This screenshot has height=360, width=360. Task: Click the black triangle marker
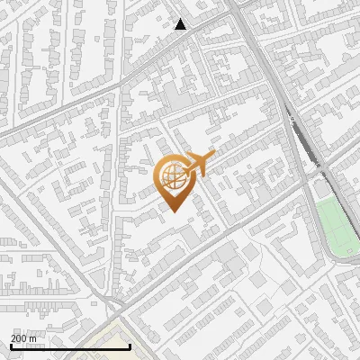(181, 24)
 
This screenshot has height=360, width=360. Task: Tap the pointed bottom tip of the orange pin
(172, 211)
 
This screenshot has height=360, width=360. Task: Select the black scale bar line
(70, 346)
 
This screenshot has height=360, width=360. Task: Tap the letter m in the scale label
(34, 338)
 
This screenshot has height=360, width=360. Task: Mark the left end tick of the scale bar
(11, 346)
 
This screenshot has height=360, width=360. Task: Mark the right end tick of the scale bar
(130, 346)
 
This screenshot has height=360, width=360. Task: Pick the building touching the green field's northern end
(320, 189)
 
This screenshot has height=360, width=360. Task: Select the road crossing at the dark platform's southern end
(322, 167)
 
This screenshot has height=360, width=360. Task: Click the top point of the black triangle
(181, 19)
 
